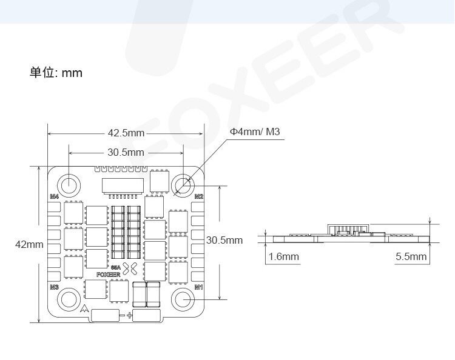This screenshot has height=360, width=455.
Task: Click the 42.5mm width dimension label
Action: click(126, 133)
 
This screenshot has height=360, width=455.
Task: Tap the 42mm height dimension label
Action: click(29, 244)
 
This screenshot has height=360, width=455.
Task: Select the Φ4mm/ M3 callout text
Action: click(255, 132)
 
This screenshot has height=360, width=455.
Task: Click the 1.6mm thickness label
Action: click(283, 256)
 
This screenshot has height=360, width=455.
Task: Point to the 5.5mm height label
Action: click(411, 256)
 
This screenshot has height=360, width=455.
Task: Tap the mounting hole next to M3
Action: click(69, 299)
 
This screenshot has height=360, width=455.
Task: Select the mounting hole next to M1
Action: click(183, 299)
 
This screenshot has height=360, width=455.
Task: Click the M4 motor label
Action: click(54, 197)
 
